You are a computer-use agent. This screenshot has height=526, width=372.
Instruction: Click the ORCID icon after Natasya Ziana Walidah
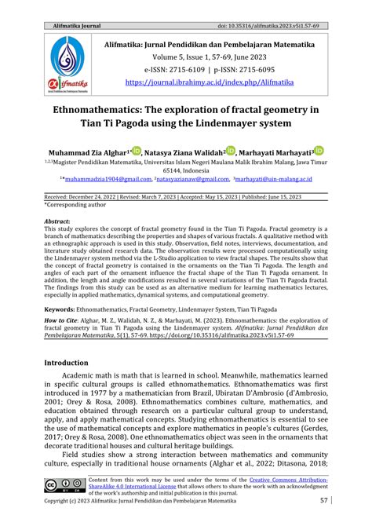(230, 150)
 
